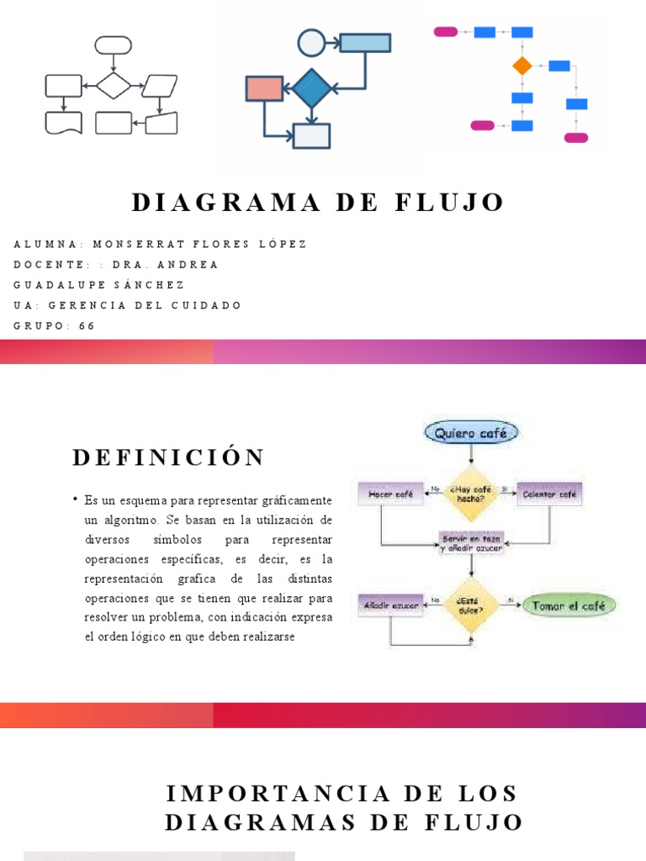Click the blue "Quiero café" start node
pos(472,433)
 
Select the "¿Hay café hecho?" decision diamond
pos(472,494)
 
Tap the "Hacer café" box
pos(390,494)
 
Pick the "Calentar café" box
pos(550,494)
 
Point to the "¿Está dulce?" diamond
pos(471,605)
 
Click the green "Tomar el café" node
pos(569,605)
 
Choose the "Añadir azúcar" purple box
pos(390,605)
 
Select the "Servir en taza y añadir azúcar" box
pos(472,542)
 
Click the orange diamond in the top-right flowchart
pos(522,66)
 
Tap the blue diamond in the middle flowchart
pos(311,87)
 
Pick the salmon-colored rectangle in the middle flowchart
pos(264,88)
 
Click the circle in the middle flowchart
pos(311,42)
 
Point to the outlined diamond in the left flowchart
pos(114,85)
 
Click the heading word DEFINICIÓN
pos(168,457)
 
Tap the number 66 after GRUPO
pos(87,325)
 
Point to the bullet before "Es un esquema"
pos(75,500)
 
